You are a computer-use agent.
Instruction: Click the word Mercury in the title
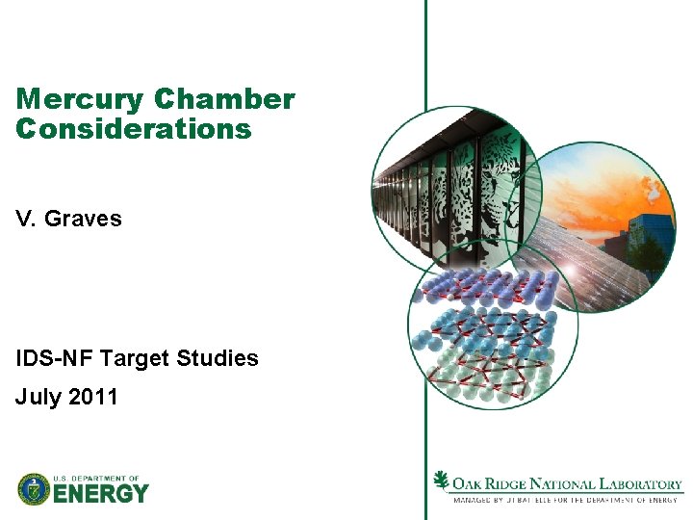pos(79,100)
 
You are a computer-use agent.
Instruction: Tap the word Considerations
pos(134,128)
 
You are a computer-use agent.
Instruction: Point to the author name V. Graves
pos(69,219)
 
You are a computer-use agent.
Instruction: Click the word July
pos(39,396)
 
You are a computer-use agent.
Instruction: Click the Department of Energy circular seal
pos(34,489)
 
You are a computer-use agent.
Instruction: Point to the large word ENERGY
pos(101,494)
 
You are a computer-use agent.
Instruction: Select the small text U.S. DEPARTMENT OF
pos(96,478)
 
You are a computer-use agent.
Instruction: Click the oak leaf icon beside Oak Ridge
pos(442,481)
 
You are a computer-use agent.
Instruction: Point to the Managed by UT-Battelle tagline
pos(566,500)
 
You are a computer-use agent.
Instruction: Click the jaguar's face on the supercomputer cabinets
pos(500,173)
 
